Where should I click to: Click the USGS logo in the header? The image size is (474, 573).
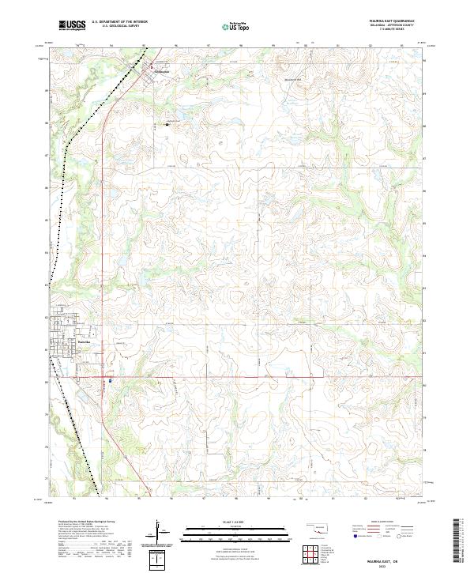tap(72, 26)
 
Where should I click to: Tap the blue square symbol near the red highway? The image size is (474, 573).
tap(111, 380)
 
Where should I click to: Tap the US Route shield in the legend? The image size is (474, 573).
tap(380, 537)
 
